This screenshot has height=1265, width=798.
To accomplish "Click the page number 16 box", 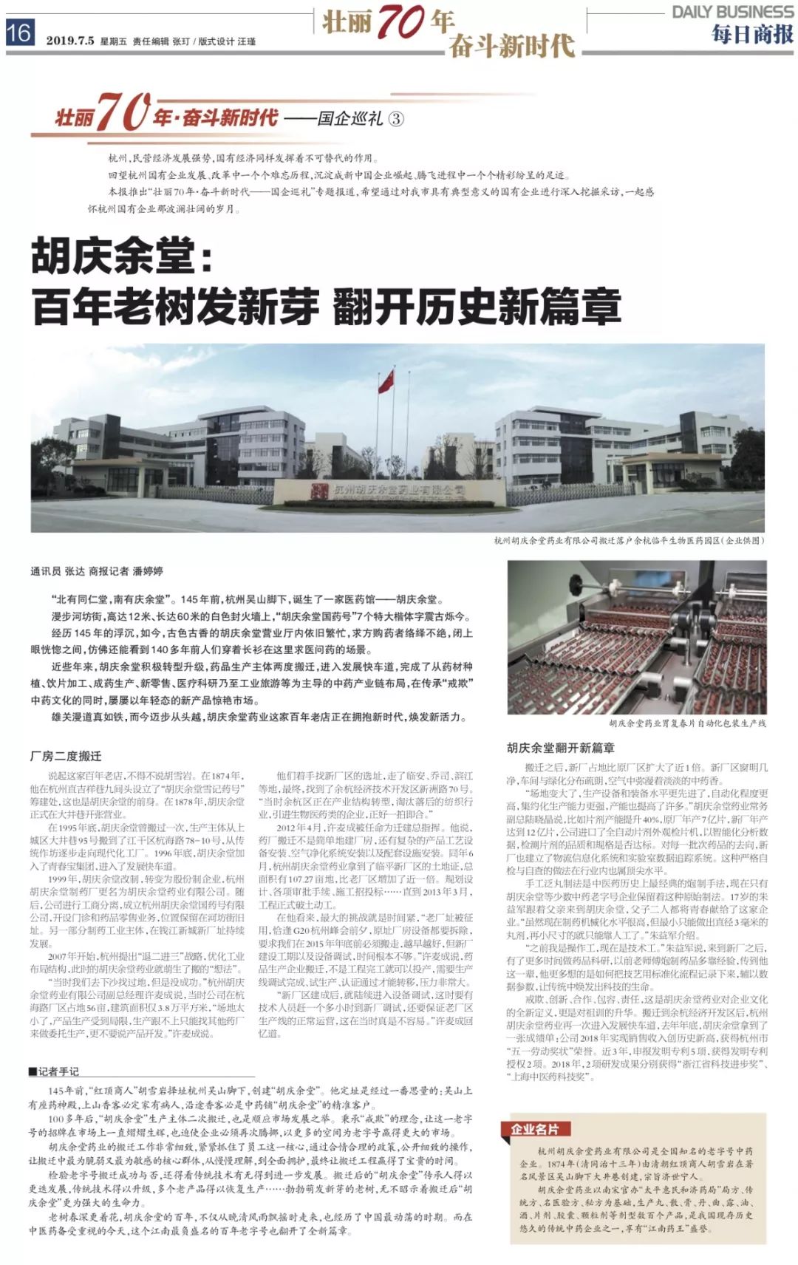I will (x=20, y=33).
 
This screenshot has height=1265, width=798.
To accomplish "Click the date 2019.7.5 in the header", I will (x=70, y=41).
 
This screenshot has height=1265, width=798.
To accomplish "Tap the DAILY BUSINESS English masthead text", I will (x=732, y=12).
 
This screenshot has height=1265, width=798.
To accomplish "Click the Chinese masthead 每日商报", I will (x=752, y=34).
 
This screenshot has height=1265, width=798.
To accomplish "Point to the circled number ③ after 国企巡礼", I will (x=396, y=118).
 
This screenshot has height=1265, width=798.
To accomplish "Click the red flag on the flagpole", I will (x=386, y=381).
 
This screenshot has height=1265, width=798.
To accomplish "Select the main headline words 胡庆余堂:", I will (x=122, y=257).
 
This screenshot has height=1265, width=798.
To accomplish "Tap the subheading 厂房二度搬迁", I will (x=66, y=756).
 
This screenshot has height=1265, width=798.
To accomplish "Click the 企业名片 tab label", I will (x=535, y=1129).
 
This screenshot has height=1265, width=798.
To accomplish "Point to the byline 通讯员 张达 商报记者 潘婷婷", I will (x=97, y=571).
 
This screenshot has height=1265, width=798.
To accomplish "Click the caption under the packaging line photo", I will (x=687, y=723).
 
